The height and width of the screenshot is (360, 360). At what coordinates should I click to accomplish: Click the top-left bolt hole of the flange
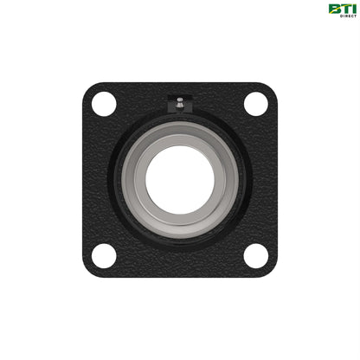click(x=104, y=104)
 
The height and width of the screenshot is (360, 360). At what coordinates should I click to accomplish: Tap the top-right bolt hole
click(x=255, y=104)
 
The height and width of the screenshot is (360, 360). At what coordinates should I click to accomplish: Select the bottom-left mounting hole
click(x=104, y=255)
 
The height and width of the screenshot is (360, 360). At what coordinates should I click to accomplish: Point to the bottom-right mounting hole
click(x=255, y=255)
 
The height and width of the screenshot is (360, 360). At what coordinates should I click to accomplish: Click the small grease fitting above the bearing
click(x=179, y=103)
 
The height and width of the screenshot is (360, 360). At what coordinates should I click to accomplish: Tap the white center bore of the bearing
click(x=179, y=179)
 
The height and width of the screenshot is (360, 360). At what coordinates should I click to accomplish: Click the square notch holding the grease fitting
click(x=179, y=106)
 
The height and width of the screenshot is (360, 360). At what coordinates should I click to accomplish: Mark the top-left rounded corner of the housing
click(x=90, y=90)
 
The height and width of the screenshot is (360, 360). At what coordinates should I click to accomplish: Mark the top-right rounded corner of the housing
click(x=269, y=90)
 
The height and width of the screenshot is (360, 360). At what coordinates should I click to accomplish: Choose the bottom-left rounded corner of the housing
click(x=90, y=269)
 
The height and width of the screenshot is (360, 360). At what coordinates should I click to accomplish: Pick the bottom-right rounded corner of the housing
click(x=269, y=269)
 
